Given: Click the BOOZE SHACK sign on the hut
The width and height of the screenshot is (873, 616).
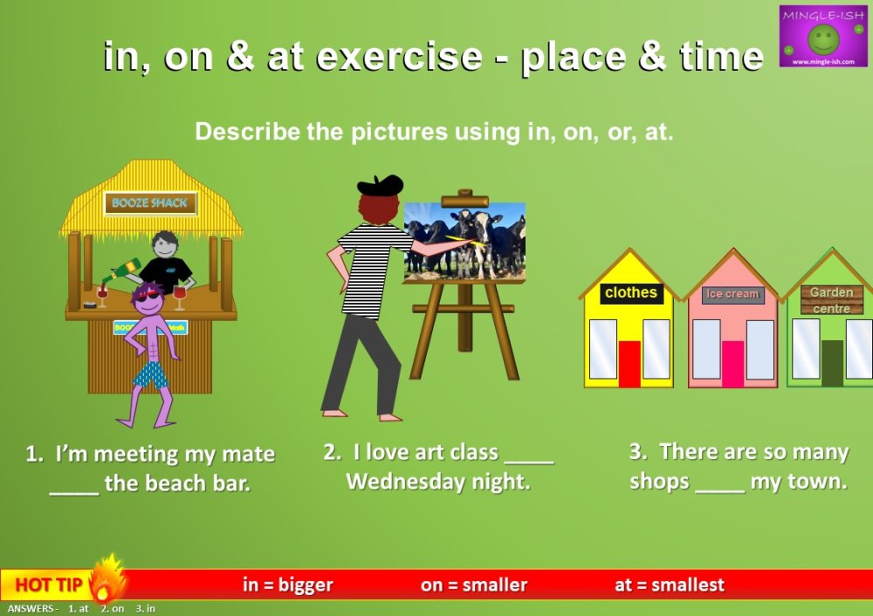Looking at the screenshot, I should tap(150, 203).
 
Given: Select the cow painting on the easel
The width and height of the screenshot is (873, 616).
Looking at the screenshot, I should tap(464, 243).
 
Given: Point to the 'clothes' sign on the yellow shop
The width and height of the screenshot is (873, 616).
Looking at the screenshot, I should tap(630, 293).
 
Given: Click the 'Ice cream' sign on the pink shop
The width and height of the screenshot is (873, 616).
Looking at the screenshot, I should tap(732, 294).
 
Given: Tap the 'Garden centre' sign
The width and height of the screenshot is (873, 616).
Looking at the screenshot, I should tap(831, 300).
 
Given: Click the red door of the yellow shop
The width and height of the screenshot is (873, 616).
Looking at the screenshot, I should tap(629, 363).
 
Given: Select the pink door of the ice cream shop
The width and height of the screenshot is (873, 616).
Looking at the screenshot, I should tap(733, 363).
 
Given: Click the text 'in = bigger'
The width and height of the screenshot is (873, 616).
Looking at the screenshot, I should tap(287, 585).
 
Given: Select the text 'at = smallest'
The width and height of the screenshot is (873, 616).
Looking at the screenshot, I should tap(669, 585).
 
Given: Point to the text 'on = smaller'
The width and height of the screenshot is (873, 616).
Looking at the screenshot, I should tap(473, 585).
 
